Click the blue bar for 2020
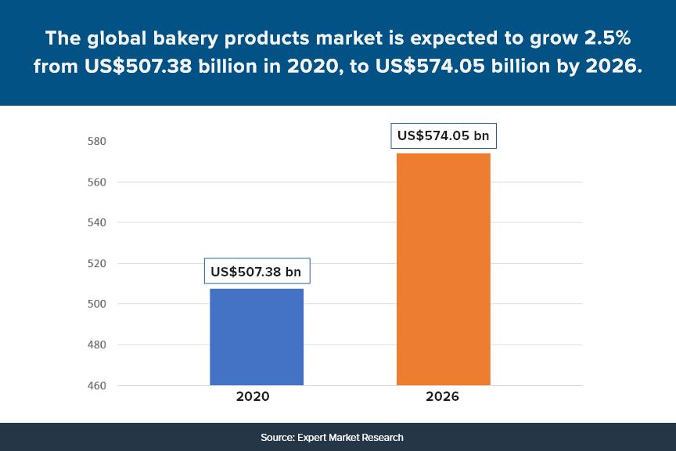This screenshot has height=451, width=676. click(x=256, y=337)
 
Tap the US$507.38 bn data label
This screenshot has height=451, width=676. click(x=256, y=272)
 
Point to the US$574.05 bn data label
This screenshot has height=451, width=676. click(x=443, y=135)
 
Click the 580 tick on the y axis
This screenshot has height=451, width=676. click(x=96, y=142)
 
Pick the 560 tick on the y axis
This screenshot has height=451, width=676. click(x=96, y=182)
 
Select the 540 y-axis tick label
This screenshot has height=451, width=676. click(x=96, y=223)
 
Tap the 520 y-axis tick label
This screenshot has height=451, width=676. click(x=96, y=264)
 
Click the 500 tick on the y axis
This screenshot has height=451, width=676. click(x=96, y=305)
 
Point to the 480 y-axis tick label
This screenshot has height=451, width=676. click(x=96, y=345)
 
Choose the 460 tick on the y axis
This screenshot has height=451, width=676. click(x=96, y=386)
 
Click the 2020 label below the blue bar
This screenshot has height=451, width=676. click(x=253, y=397)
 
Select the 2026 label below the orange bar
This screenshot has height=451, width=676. click(x=442, y=397)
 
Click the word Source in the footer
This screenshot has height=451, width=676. click(x=277, y=437)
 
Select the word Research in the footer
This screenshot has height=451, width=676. click(x=382, y=437)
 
